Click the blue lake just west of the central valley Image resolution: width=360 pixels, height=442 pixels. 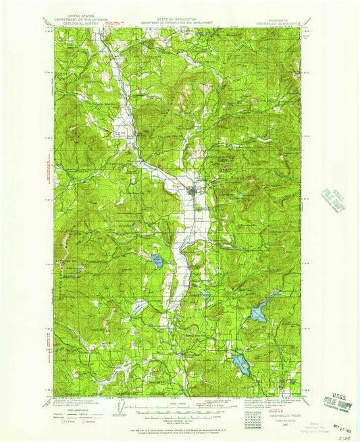coord(157,260)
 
